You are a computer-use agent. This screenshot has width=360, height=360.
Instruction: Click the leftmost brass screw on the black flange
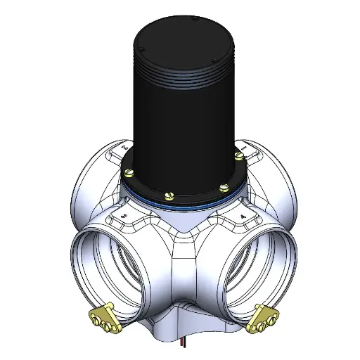[128, 171]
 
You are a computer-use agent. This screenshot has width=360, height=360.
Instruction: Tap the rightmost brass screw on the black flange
[239, 153]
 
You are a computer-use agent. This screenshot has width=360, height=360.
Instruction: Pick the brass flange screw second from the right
[224, 186]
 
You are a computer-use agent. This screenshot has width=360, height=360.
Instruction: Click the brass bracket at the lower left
[103, 316]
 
